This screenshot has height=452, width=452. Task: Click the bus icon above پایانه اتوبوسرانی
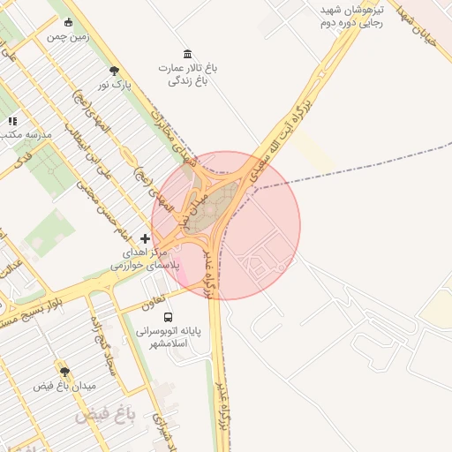pyautogui.click(x=169, y=317)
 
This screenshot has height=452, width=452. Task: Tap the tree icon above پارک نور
pyautogui.click(x=113, y=71)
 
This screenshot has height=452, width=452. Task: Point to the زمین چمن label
pyautogui.click(x=68, y=37)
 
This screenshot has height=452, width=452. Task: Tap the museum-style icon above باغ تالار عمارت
pyautogui.click(x=186, y=54)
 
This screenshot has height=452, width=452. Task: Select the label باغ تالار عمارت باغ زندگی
pyautogui.click(x=187, y=73)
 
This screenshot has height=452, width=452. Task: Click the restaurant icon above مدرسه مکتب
pyautogui.click(x=12, y=121)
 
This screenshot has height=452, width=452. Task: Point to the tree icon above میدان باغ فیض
pyautogui.click(x=64, y=372)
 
